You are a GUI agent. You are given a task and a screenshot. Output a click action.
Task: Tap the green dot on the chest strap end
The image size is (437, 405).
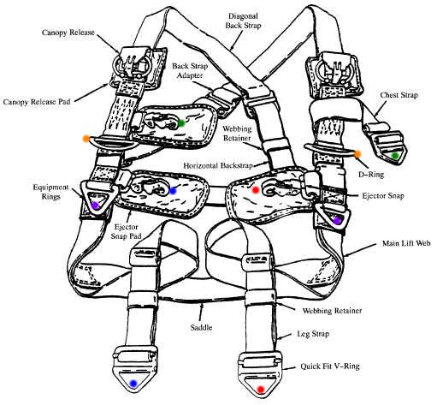(394, 156)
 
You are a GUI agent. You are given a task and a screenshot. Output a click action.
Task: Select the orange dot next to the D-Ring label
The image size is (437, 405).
(357, 154)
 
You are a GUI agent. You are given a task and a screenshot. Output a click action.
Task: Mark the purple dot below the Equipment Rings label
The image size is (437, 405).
(96, 205)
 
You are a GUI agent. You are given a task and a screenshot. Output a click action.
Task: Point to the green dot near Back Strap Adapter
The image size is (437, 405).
(182, 123)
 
